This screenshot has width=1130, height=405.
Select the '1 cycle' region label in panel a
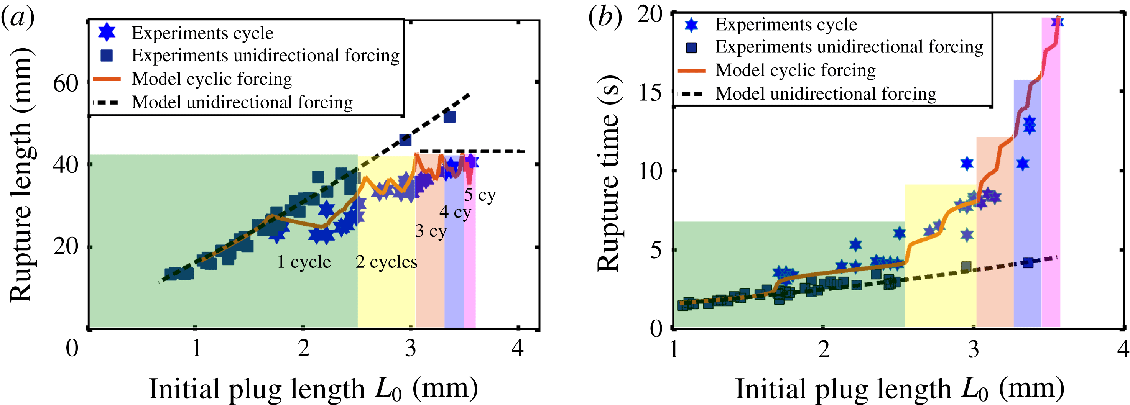pos(304,262)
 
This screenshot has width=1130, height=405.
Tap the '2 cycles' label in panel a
pos(386,262)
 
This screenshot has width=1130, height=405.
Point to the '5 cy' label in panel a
pos(480,195)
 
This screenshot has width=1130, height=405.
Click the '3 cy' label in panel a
pos(431,231)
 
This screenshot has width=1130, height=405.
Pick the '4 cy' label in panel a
pos(455,212)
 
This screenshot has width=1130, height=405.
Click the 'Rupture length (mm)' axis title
pos(21,174)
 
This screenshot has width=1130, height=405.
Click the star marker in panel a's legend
pos(107,33)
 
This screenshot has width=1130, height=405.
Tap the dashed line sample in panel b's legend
pos(691,93)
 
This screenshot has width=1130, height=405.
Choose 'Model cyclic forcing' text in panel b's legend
pos(795,70)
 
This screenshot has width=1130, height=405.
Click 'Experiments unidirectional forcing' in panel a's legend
pos(265,55)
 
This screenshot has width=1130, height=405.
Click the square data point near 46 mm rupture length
pos(405,140)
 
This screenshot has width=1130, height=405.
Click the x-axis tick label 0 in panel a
pos(72,348)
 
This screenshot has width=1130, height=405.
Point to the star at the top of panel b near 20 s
pos(1057,21)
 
